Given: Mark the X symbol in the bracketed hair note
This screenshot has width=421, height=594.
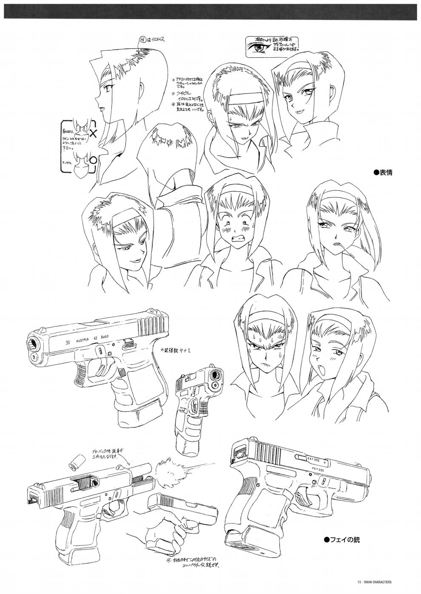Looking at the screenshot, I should (x=94, y=133).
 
